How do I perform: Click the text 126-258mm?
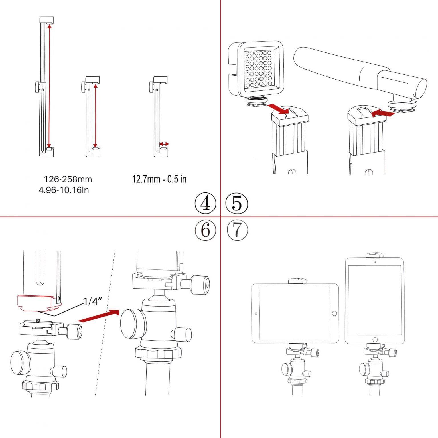[x=68, y=179]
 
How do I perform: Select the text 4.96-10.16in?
[x=64, y=190]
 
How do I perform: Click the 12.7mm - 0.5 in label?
[x=159, y=179]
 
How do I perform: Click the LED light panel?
[x=256, y=69]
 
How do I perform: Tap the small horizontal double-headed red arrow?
[x=164, y=144]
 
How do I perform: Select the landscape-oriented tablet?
[x=295, y=313]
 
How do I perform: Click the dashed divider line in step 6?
[x=105, y=322]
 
